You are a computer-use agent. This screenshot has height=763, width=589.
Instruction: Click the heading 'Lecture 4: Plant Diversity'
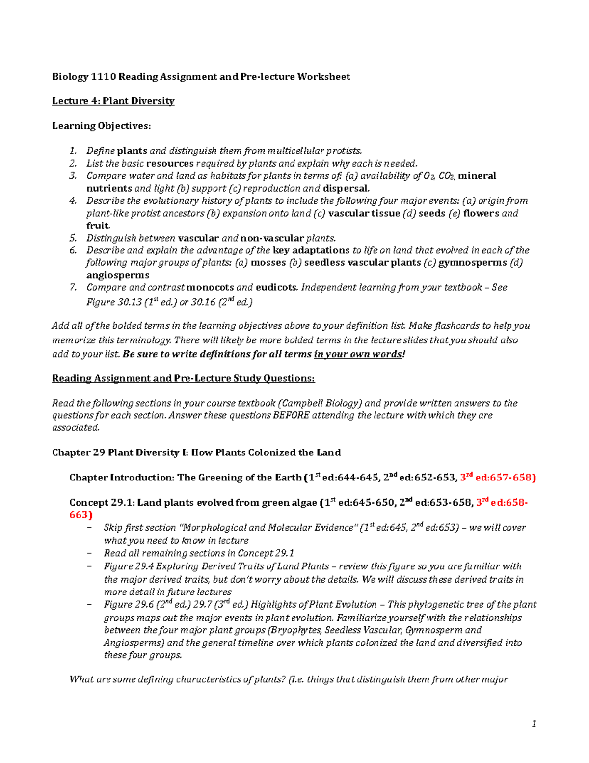pos(113,101)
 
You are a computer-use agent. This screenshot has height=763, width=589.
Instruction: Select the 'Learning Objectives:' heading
pos(101,126)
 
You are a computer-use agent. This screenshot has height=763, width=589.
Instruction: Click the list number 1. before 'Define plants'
pos(73,151)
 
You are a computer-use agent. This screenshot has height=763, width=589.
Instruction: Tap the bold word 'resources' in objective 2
pos(170,163)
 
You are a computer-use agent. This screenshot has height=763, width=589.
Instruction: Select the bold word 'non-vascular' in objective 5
pos(272,238)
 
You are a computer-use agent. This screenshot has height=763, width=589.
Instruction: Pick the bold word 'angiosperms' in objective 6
pos(118,275)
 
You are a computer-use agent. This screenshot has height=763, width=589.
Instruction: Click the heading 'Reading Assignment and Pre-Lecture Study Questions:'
pos(183,378)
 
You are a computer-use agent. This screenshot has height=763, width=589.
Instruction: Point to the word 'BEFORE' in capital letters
pos(291,415)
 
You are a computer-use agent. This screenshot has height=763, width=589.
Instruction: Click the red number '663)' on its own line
pos(80,515)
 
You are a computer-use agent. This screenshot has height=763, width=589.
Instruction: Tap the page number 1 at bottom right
pos(534,723)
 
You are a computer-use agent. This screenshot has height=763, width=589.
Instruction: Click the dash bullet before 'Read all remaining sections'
pos(89,553)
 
